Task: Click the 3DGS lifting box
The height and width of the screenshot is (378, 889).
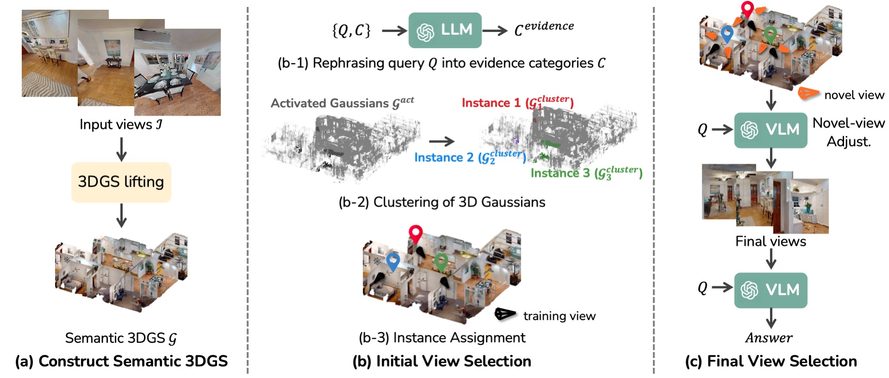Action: tap(121, 182)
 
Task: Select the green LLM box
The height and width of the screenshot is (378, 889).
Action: tap(444, 30)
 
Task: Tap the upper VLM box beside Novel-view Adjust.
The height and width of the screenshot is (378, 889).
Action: tap(770, 130)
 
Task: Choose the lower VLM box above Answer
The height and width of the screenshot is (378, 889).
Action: tap(770, 290)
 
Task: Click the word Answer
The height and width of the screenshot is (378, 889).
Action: tap(769, 338)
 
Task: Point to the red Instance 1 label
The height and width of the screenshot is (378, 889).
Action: tap(517, 103)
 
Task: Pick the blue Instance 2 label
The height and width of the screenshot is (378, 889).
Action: tap(470, 157)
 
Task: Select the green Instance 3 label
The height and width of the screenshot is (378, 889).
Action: tap(586, 173)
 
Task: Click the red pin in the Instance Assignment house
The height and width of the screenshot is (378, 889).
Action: tap(415, 233)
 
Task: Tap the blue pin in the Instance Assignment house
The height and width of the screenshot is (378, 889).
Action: tap(393, 261)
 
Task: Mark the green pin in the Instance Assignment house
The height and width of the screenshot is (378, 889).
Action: tap(441, 261)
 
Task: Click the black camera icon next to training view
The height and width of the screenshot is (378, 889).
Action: tap(505, 314)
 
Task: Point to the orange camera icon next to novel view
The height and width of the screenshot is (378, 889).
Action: tap(808, 93)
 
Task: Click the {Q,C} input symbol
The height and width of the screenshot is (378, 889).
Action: tap(351, 31)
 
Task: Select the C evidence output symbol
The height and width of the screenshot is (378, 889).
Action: tap(544, 29)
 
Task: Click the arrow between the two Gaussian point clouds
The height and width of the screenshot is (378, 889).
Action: tap(441, 141)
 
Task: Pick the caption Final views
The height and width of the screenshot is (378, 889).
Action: tap(770, 241)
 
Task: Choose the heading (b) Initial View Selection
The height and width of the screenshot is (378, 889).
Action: tap(442, 361)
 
